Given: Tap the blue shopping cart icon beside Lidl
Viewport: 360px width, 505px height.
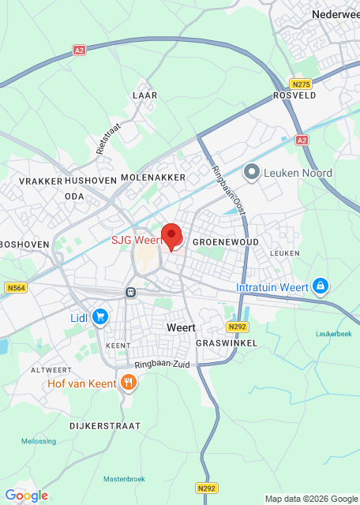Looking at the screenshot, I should pos(100,316).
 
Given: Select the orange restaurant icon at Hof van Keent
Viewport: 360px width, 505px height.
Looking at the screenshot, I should pos(129,383).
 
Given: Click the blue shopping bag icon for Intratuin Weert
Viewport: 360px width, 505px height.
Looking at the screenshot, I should pos(320,286).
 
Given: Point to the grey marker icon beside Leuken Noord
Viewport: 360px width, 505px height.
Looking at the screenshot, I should pos(252,171).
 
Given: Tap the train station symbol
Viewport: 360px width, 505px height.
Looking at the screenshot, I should pos(129,292).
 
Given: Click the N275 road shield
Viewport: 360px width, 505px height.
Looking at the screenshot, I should pos(299,84).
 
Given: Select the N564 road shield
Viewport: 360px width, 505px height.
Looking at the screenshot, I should pos(15,288).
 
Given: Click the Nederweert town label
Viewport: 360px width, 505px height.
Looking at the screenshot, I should pos(336,14).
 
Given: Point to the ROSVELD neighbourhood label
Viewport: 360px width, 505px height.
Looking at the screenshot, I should pos(294,95).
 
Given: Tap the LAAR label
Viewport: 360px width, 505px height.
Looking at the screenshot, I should pos(145,95).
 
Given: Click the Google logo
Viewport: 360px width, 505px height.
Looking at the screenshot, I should pos(26,495).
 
